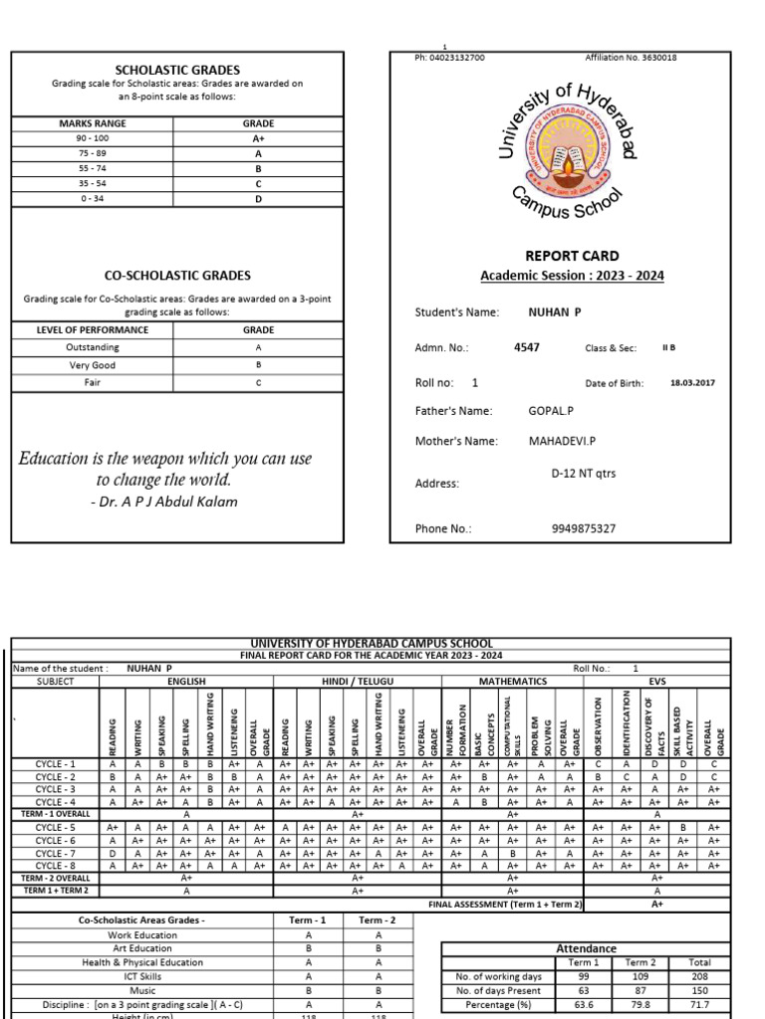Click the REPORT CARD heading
[x=572, y=256]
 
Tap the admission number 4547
[x=527, y=348]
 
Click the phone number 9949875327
[x=583, y=528]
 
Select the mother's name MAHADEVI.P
[x=562, y=440]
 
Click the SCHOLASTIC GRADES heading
[x=177, y=70]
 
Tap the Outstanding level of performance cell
[x=93, y=347]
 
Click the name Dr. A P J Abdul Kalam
[x=164, y=502]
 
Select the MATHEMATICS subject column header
[x=512, y=682]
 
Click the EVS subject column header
[x=656, y=682]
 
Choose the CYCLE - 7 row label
[x=56, y=854]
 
